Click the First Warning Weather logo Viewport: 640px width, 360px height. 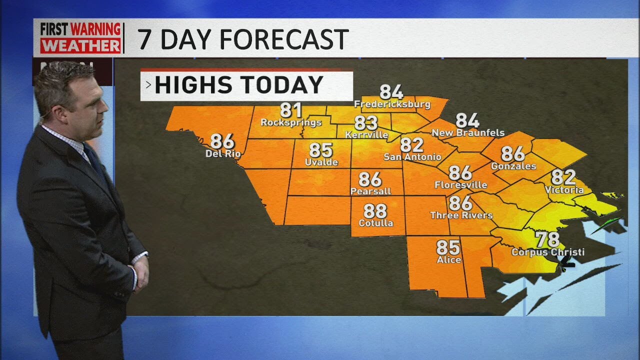tap(80, 37)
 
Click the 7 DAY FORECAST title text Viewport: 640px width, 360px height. tap(243, 39)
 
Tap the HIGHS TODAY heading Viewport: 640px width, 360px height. tap(239, 85)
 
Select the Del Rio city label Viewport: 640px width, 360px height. tap(223, 153)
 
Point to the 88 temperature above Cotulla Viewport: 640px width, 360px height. tap(375, 210)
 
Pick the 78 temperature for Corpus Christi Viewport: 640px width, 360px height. tap(547, 240)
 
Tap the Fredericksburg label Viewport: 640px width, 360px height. tap(392, 104)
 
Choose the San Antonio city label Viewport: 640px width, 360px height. tap(412, 157)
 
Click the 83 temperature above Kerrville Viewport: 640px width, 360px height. tap(366, 122)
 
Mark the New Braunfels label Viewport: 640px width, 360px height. tap(468, 133)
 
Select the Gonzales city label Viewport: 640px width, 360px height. tap(513, 166)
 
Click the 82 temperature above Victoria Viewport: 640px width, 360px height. tap(563, 177)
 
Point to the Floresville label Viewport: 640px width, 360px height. tap(460, 185)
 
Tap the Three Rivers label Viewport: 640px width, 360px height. tap(461, 215)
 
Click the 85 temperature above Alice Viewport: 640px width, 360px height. tap(448, 247)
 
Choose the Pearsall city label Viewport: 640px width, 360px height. tap(370, 191)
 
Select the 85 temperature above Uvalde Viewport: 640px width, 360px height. tap(321, 150)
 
